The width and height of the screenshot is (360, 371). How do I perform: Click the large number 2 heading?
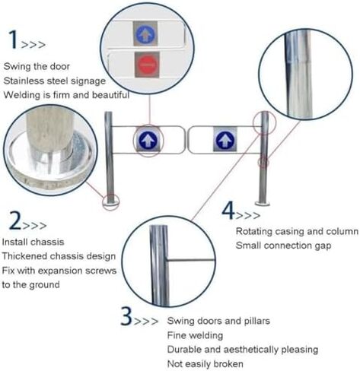[x=14, y=221]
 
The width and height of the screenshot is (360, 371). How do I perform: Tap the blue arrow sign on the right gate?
[x=224, y=139]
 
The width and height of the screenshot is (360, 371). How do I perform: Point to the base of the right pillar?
[x=263, y=201]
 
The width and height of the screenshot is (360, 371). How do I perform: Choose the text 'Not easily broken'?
[x=205, y=364]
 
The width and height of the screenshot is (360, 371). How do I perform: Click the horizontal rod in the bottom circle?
[x=183, y=260]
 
